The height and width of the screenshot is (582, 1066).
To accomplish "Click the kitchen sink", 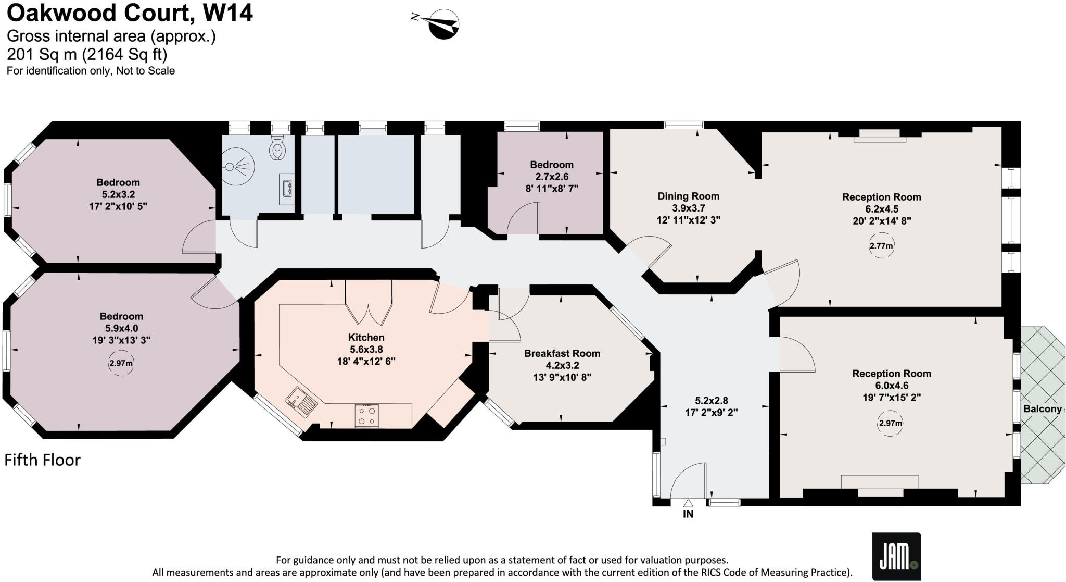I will tap(301, 401).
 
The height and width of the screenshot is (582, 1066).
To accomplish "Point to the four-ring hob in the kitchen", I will tap(366, 416).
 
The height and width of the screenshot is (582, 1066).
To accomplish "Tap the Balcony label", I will tap(1042, 409).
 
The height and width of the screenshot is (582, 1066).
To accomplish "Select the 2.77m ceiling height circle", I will tap(881, 246).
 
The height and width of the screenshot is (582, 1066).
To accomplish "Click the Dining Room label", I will tap(688, 196).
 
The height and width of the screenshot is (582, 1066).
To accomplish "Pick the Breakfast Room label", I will tap(562, 353).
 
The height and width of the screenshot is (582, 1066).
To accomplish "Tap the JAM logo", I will tap(896, 556).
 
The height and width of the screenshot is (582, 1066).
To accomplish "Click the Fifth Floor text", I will tap(43, 460).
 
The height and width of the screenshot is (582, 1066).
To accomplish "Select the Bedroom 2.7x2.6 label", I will tap(552, 176).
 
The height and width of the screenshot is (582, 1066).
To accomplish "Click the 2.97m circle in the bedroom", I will tap(121, 363).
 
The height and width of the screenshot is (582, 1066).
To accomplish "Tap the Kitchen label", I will tap(366, 338).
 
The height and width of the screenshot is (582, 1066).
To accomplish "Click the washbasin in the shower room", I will tap(287, 189).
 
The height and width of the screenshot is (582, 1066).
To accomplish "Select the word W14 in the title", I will tap(227, 13).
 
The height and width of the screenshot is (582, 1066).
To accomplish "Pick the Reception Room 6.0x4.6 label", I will tap(891, 385).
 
